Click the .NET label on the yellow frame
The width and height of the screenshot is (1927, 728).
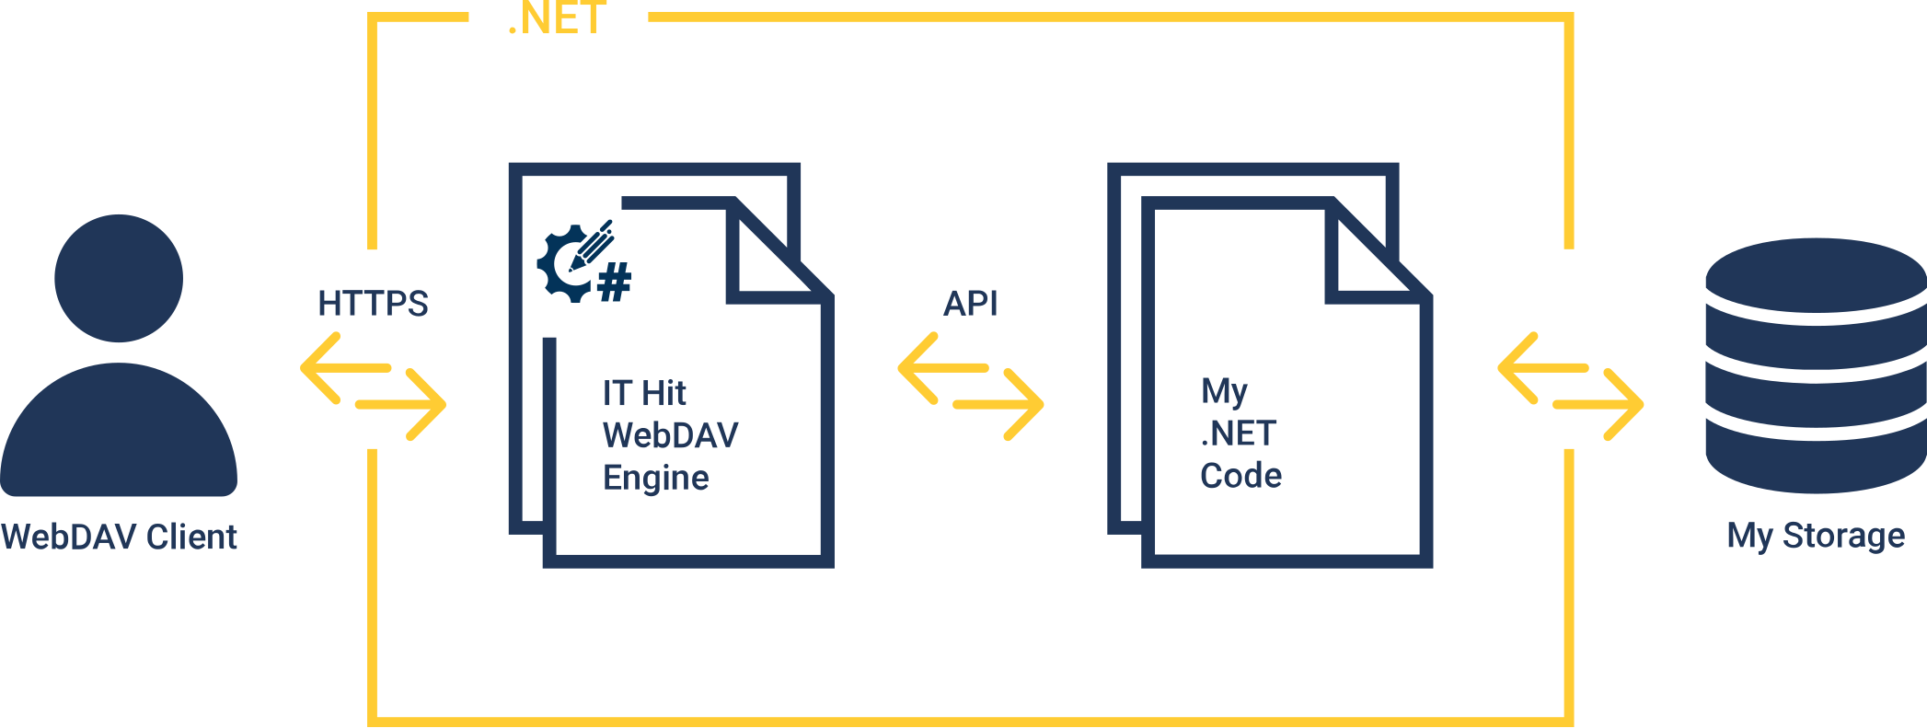click(x=558, y=18)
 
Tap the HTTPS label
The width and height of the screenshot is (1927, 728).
click(x=373, y=304)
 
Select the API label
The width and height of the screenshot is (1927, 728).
click(x=970, y=304)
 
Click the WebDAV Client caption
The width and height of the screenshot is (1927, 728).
click(x=120, y=537)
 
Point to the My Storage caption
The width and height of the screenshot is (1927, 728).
click(x=1815, y=536)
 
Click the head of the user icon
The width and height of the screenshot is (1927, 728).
click(x=119, y=278)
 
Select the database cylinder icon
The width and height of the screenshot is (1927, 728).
click(x=1815, y=366)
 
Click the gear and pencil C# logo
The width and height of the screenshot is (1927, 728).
click(x=583, y=263)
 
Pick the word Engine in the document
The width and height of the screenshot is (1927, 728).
click(x=655, y=479)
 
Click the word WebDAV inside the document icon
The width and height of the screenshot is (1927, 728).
click(x=670, y=435)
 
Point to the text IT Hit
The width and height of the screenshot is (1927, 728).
click(x=644, y=394)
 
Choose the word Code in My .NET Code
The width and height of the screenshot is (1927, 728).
click(x=1240, y=476)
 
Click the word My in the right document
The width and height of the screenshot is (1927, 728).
click(x=1224, y=392)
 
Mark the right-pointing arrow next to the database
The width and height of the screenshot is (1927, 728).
click(x=1601, y=404)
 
